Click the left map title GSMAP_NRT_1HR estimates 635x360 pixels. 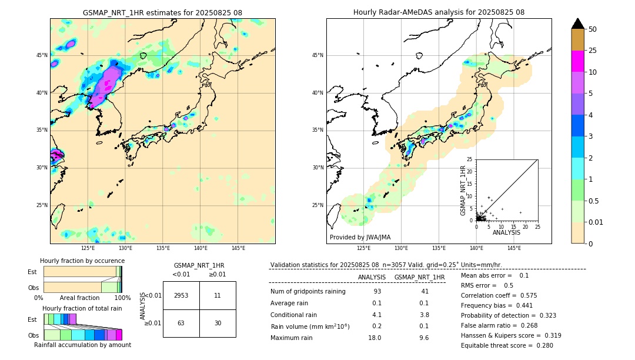[162, 12]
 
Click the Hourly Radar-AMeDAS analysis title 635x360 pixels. [439, 12]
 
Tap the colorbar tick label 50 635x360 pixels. [593, 29]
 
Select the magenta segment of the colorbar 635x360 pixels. [577, 61]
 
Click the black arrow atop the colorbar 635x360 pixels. [577, 24]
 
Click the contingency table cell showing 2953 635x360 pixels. [181, 295]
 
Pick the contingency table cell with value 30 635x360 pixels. [218, 323]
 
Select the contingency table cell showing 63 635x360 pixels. [181, 323]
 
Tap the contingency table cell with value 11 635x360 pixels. [218, 295]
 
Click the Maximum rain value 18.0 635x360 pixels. [374, 338]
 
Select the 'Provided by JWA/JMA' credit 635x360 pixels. [360, 237]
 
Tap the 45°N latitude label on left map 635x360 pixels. [42, 55]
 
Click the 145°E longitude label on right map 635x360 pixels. [514, 248]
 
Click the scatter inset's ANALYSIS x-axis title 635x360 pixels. [507, 232]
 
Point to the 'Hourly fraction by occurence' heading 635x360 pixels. [82, 261]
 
